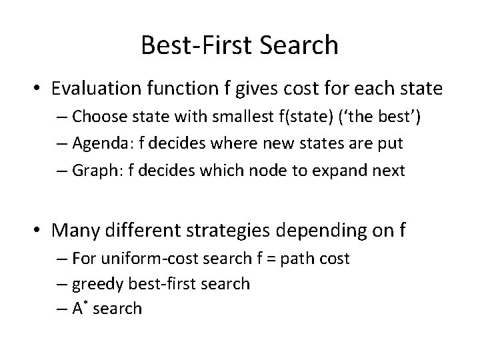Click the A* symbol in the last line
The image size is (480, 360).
tap(81, 307)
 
